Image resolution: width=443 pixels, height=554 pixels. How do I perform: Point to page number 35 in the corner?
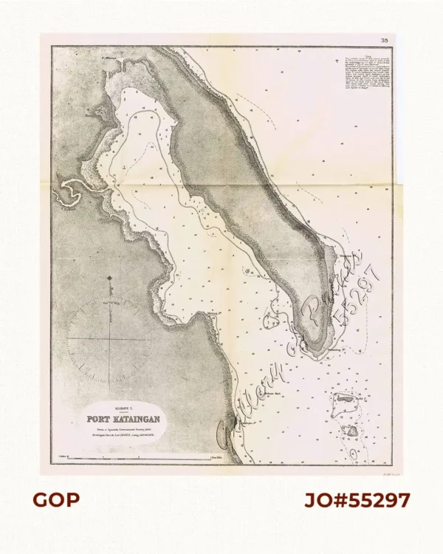(x=384, y=41)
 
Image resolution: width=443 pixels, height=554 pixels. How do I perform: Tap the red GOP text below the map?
(x=56, y=500)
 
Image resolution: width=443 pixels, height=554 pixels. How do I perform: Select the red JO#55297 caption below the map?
(x=357, y=500)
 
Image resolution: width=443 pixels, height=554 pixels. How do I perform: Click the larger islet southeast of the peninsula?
(x=345, y=403)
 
